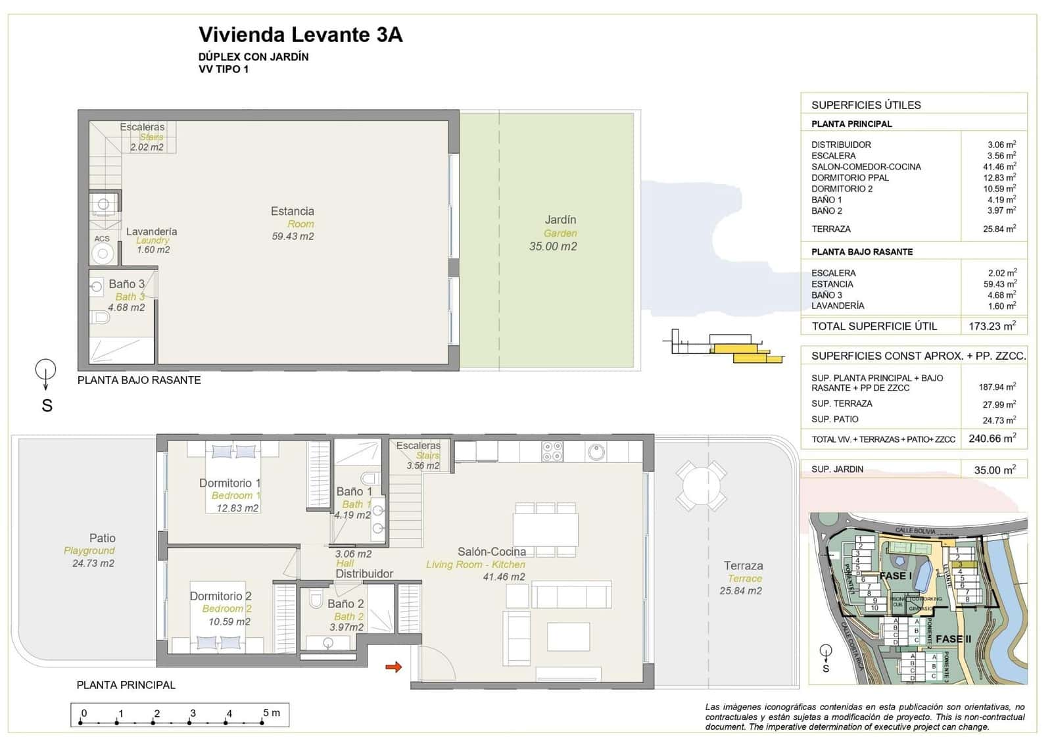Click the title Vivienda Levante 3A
300,35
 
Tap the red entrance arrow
393,667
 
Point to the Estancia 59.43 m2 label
293,223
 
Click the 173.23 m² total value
992,326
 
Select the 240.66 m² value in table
992,439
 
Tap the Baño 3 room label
126,284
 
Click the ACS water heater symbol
102,252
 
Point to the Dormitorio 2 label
221,596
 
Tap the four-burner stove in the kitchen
552,451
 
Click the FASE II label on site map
953,639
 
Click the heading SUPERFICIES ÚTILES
866,105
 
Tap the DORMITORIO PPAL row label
849,178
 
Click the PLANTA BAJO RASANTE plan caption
139,380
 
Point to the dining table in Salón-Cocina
545,529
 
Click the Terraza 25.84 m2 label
742,577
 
